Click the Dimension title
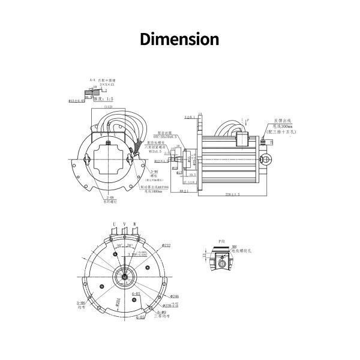click(x=179, y=40)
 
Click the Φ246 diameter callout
click(x=175, y=296)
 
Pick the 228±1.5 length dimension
click(x=232, y=194)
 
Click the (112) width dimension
click(x=109, y=107)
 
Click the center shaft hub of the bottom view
click(x=124, y=278)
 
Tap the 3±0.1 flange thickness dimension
click(x=190, y=118)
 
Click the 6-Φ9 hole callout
click(x=161, y=313)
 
